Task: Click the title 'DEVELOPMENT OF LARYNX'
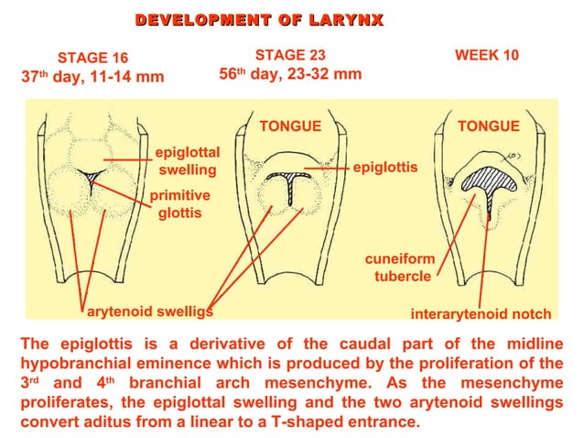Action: [x=259, y=20]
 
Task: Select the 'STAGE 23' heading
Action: [x=290, y=55]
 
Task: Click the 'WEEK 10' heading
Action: [x=487, y=55]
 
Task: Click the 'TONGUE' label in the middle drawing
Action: [x=290, y=126]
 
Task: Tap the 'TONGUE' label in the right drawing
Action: [x=489, y=126]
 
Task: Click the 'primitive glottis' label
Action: [x=179, y=204]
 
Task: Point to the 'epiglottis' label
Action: [x=385, y=169]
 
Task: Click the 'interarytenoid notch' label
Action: [x=481, y=314]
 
